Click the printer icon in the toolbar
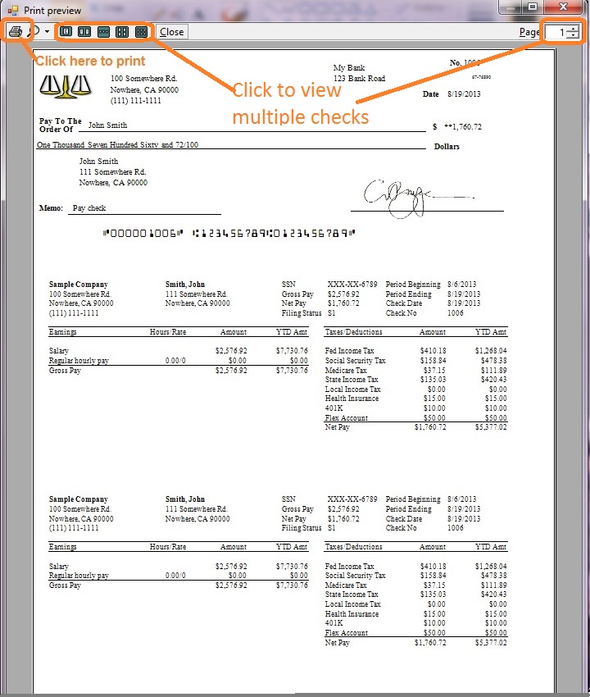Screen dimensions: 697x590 tap(16, 32)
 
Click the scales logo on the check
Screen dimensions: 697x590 tap(61, 84)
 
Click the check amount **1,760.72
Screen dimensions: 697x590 tap(462, 127)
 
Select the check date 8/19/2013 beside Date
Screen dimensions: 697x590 tap(465, 94)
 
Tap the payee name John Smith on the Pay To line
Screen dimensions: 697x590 tap(107, 125)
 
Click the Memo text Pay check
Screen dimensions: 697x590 tap(89, 208)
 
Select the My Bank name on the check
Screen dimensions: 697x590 tap(349, 67)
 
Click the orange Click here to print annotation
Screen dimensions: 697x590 tap(90, 61)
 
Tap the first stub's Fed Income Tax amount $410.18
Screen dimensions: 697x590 tap(433, 351)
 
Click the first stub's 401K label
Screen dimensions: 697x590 tap(334, 408)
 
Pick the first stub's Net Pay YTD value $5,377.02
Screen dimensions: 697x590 tap(490, 427)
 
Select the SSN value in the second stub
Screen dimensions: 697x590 tap(352, 499)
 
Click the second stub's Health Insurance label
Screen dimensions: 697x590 tap(352, 614)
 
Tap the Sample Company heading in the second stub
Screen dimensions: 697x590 tap(78, 499)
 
